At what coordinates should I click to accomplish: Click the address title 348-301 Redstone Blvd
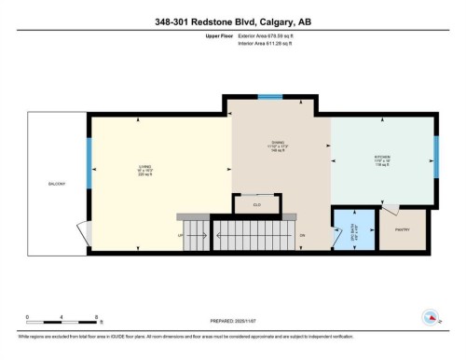(233, 22)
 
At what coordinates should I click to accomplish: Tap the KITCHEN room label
(382, 157)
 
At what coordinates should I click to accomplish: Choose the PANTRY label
(403, 228)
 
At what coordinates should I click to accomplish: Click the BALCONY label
(56, 184)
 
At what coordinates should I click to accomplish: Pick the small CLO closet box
(257, 203)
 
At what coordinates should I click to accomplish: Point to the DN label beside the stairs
(302, 236)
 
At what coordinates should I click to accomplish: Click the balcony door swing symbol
(83, 229)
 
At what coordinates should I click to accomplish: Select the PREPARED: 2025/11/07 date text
(231, 317)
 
